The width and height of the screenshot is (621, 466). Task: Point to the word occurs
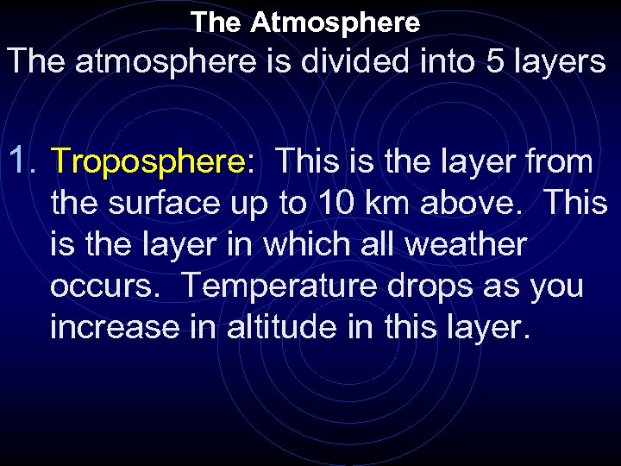pyautogui.click(x=103, y=287)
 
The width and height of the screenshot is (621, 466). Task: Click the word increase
pyautogui.click(x=117, y=328)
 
